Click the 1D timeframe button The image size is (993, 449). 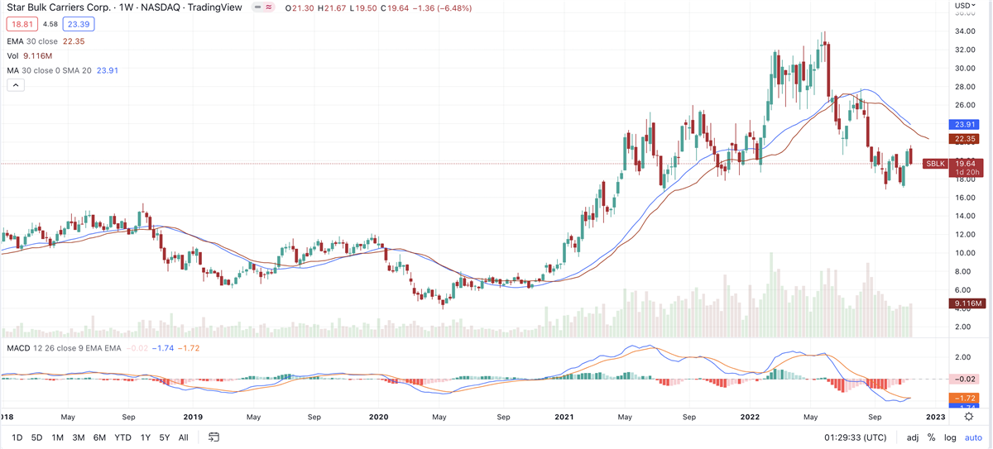point(15,437)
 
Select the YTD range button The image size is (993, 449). point(122,437)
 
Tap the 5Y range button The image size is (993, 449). point(165,437)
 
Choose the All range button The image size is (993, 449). point(183,437)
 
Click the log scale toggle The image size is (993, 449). point(949,437)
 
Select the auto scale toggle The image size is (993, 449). point(973,437)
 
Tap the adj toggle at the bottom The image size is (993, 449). point(912,437)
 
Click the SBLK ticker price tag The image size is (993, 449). point(935,164)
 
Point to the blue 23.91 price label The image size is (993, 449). point(963,125)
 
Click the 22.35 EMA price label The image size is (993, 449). point(963,139)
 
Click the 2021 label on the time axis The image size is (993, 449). point(564,418)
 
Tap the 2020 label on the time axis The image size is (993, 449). point(378,418)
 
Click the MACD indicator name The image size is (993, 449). point(18,348)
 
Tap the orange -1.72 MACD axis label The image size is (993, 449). point(963,399)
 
